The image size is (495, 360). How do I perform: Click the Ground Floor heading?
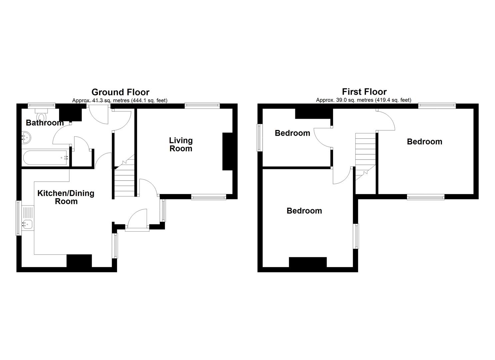tap(120, 92)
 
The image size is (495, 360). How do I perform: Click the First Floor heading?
tap(364, 92)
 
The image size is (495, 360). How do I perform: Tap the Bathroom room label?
tap(45, 123)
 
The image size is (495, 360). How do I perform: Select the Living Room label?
tap(181, 144)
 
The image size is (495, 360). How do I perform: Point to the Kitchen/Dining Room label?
tap(66, 197)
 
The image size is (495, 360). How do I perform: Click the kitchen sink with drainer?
tap(27, 218)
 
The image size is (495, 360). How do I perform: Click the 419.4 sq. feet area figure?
tap(393, 100)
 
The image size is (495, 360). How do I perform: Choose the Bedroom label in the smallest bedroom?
tap(292, 133)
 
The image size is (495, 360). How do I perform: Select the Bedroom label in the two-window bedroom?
tap(424, 141)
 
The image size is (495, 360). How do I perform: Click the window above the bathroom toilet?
tap(41, 105)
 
